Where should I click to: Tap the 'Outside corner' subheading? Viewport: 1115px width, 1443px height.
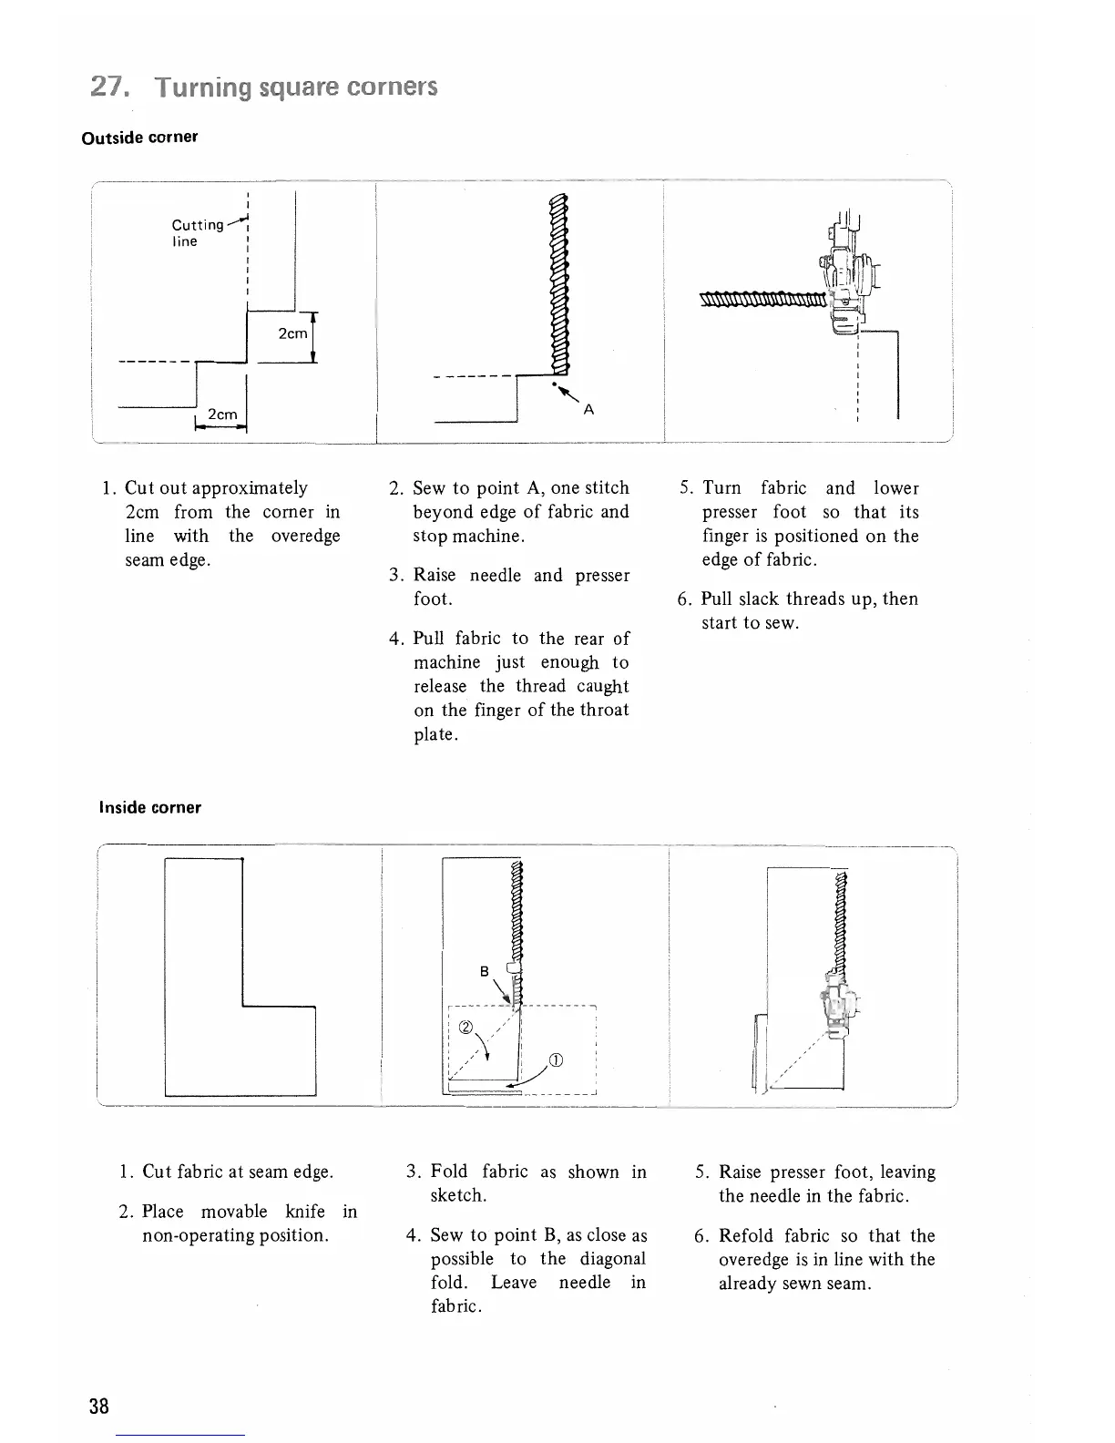[139, 138]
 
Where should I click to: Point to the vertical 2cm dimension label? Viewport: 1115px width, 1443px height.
[292, 334]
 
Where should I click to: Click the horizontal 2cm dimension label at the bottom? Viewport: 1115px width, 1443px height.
[222, 414]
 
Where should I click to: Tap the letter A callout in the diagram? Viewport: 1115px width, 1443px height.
[588, 410]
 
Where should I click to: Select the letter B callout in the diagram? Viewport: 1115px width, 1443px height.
[485, 970]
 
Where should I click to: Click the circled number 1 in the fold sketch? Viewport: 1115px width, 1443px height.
[556, 1059]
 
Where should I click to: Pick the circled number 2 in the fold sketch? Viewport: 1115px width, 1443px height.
[467, 1029]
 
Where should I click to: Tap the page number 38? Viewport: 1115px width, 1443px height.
[99, 1406]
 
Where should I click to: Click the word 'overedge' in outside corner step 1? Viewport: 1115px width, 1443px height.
[305, 536]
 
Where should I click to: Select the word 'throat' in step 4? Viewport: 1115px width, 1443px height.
[604, 711]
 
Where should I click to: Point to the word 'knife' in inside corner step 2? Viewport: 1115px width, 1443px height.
[305, 1212]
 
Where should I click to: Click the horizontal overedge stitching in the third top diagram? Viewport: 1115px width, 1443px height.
[765, 301]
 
